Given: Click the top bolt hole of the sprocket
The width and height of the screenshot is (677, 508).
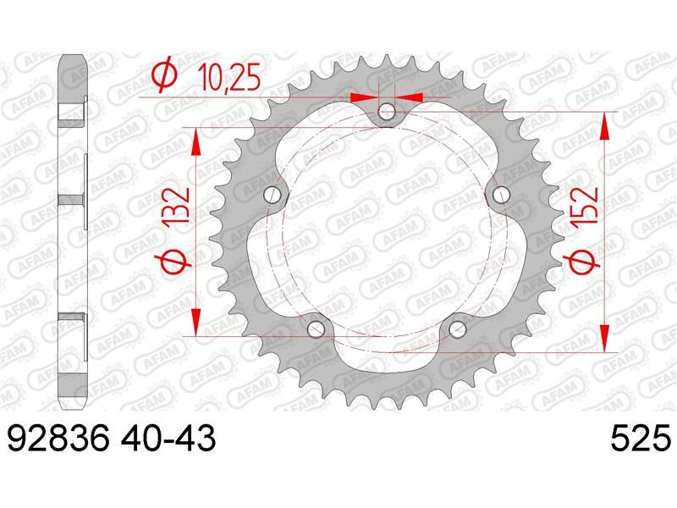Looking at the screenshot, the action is [387, 113].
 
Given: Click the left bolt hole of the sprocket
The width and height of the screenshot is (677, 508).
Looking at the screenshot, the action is [272, 195].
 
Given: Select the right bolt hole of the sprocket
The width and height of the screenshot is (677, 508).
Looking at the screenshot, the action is [501, 195].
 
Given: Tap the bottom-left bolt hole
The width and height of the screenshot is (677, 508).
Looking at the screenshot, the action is [316, 330].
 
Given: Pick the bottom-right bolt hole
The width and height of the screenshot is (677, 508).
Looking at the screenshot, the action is [457, 330].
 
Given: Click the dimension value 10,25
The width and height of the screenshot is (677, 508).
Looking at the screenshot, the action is [229, 79].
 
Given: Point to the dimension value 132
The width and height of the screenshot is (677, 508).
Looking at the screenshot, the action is [178, 205].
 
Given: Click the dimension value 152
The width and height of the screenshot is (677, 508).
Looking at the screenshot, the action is [585, 205].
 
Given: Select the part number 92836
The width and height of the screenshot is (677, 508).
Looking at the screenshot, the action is [58, 439].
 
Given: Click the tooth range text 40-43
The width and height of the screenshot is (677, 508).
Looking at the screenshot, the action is [168, 439].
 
